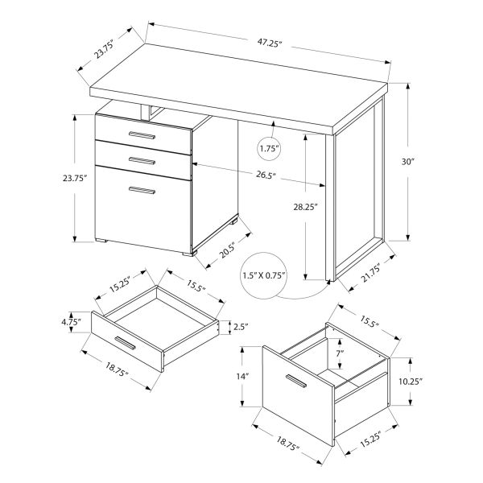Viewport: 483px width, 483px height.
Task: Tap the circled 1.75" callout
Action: point(270,148)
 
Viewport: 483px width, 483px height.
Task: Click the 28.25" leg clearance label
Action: point(305,206)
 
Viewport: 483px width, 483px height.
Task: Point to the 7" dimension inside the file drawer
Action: point(341,353)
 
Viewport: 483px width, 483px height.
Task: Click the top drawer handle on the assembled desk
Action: point(143,138)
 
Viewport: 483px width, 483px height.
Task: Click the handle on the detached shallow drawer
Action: point(126,344)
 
